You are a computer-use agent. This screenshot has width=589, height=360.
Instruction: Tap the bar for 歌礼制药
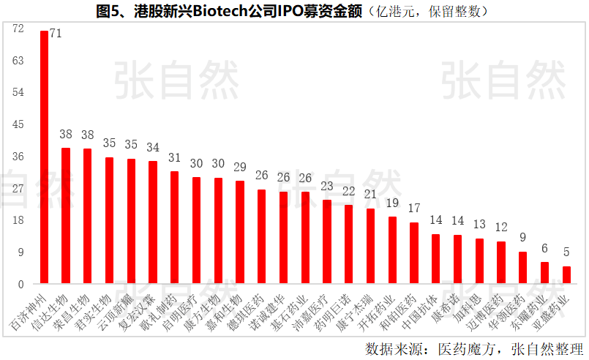[174, 227]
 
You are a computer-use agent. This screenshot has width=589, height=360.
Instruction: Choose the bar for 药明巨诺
[348, 244]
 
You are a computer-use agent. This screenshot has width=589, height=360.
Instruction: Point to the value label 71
[56, 34]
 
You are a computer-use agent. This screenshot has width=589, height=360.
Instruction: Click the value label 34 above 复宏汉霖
[153, 147]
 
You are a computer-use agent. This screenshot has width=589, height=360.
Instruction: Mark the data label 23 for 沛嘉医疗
[327, 186]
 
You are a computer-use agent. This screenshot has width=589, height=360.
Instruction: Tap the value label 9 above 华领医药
[522, 237]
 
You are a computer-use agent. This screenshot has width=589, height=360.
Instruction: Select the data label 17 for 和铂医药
[414, 209]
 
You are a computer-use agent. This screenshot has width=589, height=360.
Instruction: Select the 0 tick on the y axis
[21, 285]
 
